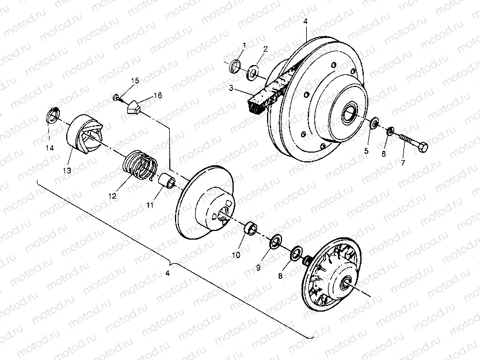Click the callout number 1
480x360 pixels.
pos(244,45)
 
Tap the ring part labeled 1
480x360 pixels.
pos(235,66)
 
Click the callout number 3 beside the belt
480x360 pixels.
pos(230,89)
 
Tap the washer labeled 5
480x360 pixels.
pos(374,123)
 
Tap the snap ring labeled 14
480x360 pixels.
pos(51,116)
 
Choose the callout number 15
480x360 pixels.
pos(135,81)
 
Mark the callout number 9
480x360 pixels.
pos(258,267)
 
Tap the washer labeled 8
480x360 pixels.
pos(296,253)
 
